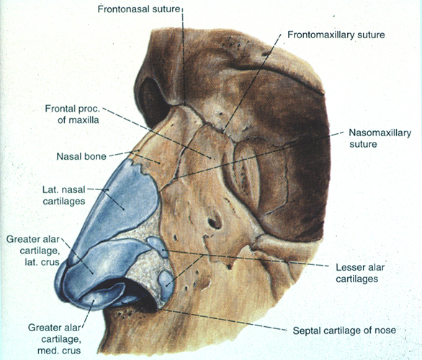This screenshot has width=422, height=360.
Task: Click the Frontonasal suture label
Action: tap(138, 9)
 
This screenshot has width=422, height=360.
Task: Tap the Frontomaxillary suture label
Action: tap(336, 35)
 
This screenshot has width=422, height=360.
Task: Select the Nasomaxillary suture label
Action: tap(380, 138)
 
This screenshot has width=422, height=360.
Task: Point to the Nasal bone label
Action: tap(81, 156)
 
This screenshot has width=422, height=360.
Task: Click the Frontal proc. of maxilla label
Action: tap(73, 114)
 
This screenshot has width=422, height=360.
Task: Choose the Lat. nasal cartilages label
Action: tap(64, 195)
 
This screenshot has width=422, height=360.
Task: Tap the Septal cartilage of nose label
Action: tap(344, 330)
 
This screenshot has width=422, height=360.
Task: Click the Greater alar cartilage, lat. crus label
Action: tap(33, 251)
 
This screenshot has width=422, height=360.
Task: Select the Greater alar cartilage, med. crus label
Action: tap(55, 339)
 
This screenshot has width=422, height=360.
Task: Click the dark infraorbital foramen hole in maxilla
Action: tap(215, 222)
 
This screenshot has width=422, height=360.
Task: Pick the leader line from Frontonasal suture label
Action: tap(184, 56)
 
